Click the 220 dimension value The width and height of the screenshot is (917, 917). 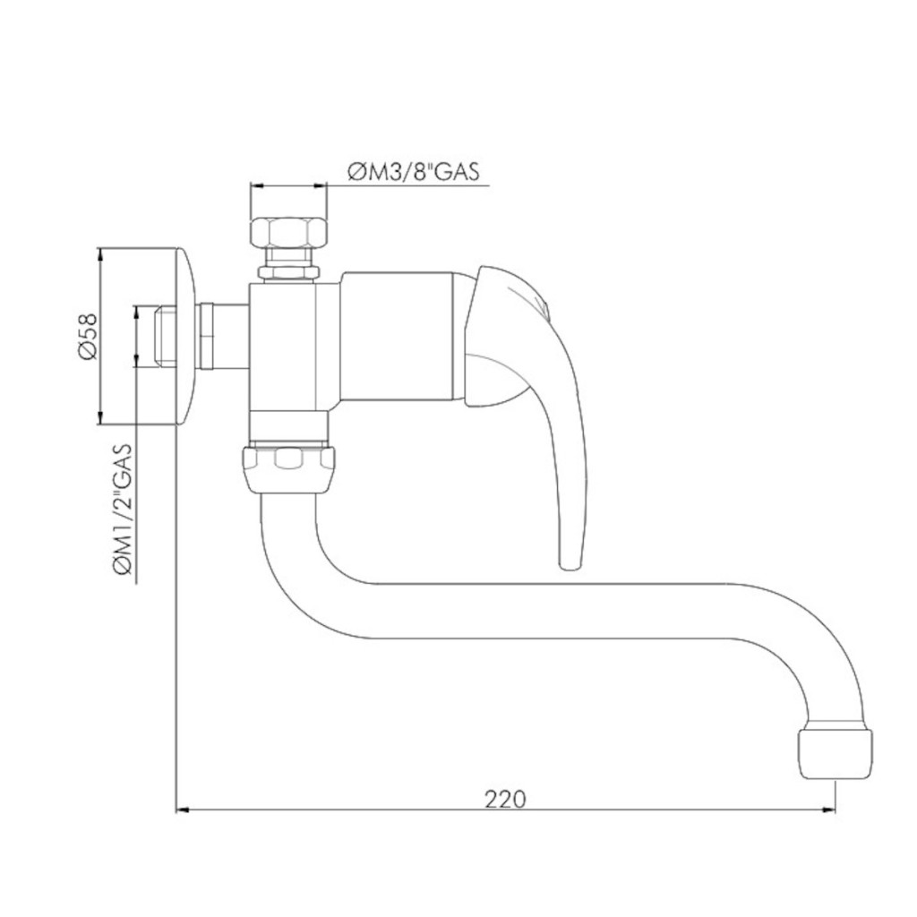505,798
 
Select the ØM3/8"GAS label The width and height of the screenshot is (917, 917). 414,171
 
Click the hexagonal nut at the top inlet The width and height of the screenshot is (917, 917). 288,232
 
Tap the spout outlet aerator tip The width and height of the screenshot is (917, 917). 836,753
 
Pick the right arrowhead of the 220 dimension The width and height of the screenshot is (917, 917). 829,810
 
